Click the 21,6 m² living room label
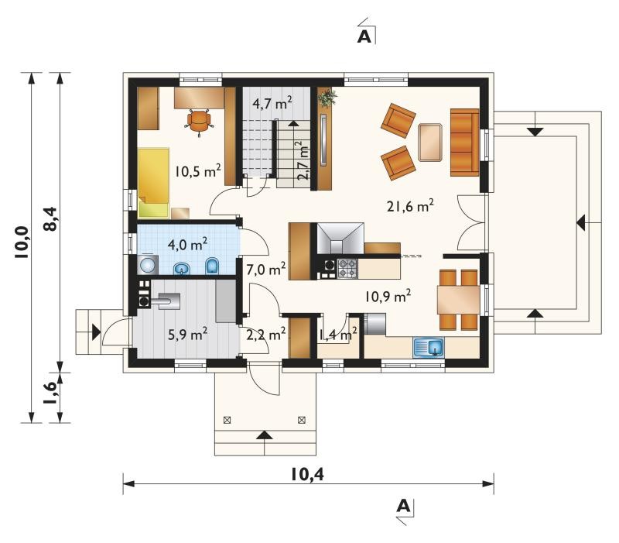coord(410,205)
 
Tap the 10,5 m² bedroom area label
coord(197,171)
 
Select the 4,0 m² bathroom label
coord(187,244)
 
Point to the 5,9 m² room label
coord(187,335)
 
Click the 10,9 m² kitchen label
coord(388,296)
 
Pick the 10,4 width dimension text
coord(307,474)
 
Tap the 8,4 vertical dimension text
coord(52,220)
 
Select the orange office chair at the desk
coord(199,121)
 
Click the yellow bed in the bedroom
coord(154,183)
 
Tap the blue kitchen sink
coord(429,348)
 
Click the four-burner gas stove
coord(347,269)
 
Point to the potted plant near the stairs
coord(327,98)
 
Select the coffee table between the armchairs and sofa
coord(430,143)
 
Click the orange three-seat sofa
coord(465,143)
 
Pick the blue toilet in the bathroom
coord(213,266)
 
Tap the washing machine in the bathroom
coord(148,264)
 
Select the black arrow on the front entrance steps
coord(265,435)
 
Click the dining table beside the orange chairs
coord(458,300)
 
